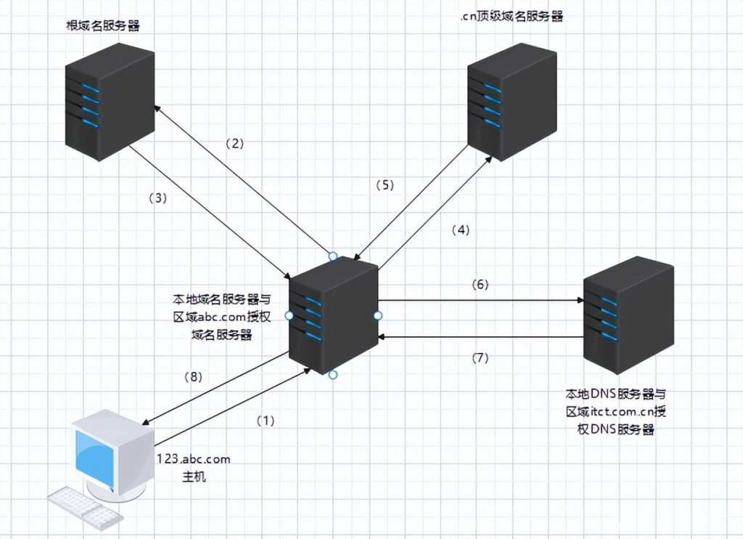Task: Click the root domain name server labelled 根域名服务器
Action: coord(109,102)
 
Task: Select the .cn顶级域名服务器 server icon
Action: coord(512,102)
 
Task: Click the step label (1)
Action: coord(266,421)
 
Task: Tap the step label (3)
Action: coord(157,197)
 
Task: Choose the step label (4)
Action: coord(461,230)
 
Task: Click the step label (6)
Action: coord(480,284)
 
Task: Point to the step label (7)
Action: coord(480,357)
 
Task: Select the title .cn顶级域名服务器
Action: coord(512,17)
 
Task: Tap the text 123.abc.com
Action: coord(194,459)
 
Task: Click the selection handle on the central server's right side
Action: coord(377,315)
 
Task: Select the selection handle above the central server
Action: coord(333,256)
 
